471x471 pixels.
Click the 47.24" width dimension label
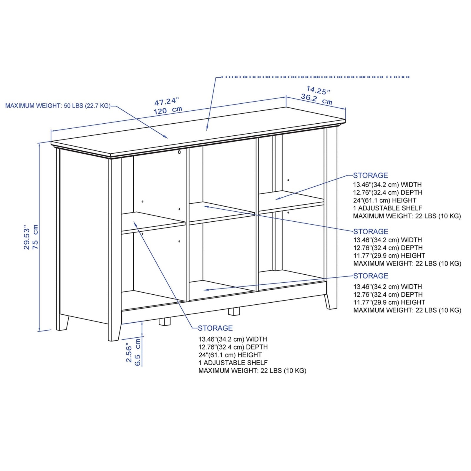coord(167,102)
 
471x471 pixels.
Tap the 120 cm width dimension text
coord(168,110)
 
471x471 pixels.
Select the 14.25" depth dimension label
coord(318,90)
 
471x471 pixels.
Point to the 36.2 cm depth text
coord(316,99)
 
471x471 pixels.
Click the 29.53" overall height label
coord(27,238)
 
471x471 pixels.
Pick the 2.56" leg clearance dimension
coord(129,352)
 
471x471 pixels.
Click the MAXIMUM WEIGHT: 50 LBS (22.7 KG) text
coord(58,106)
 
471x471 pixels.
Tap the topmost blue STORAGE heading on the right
coord(370,175)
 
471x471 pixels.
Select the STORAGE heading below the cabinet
coord(215,328)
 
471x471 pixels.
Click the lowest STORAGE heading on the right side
coord(371,276)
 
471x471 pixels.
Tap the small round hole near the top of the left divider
coord(179,152)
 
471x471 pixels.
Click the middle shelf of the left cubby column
coord(153,222)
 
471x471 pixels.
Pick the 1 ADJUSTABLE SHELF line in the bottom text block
coord(233,363)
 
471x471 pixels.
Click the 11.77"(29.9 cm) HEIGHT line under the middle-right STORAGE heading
coord(389,256)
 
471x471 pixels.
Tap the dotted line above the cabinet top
coord(315,77)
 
